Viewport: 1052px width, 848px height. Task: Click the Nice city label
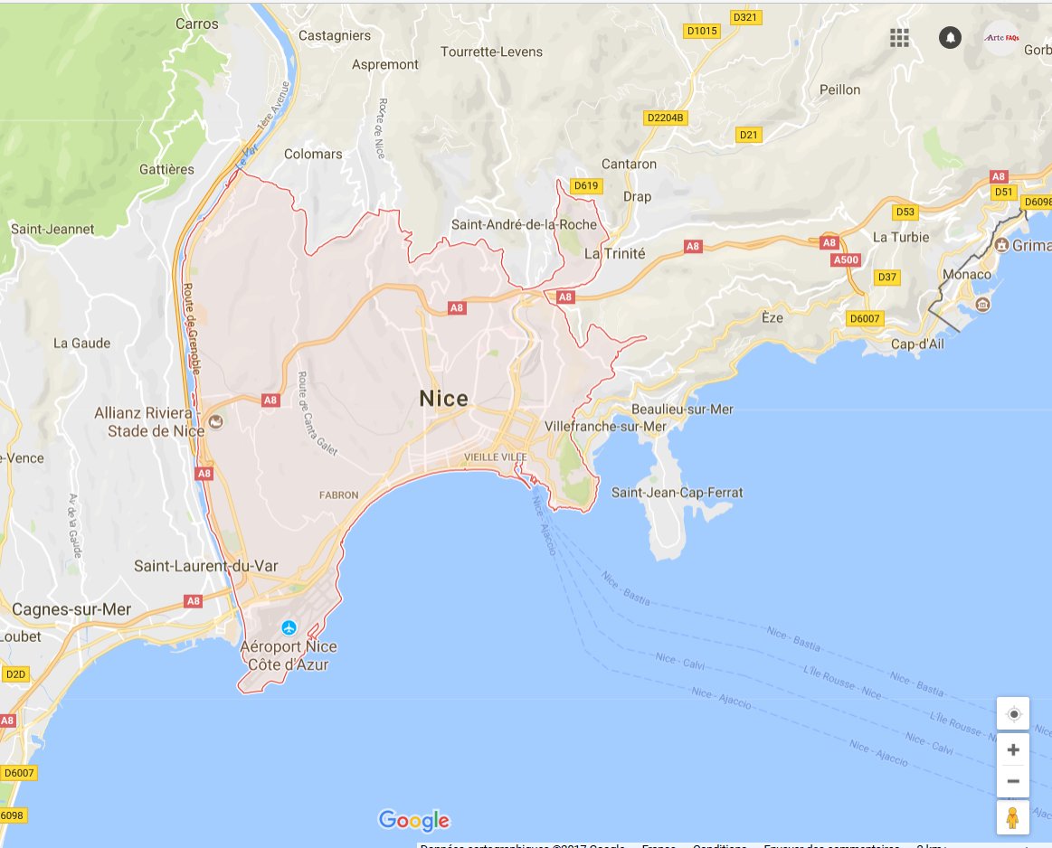tap(443, 399)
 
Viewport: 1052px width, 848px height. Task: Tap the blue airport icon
tap(289, 627)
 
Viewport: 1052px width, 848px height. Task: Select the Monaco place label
tap(966, 274)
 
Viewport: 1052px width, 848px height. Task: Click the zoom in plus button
tap(1013, 749)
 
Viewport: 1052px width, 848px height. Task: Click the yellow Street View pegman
tap(1013, 818)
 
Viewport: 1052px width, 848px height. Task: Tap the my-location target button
tap(1013, 714)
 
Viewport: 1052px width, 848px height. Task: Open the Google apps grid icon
tap(899, 37)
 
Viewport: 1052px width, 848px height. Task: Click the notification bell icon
tap(950, 37)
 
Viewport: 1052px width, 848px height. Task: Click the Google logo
tap(414, 820)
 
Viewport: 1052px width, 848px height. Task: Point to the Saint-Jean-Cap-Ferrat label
tap(677, 493)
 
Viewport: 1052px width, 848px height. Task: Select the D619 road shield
tap(586, 186)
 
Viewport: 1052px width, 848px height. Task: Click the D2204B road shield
tap(667, 118)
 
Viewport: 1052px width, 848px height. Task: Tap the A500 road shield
tap(845, 260)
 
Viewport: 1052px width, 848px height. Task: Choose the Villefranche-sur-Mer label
tap(605, 426)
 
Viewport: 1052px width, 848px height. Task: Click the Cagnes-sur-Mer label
tap(71, 609)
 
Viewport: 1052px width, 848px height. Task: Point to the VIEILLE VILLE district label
tap(495, 457)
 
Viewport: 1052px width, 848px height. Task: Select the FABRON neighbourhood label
tap(339, 495)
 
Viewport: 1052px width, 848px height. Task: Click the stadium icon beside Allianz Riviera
tap(215, 421)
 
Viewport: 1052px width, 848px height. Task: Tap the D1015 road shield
tap(701, 31)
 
